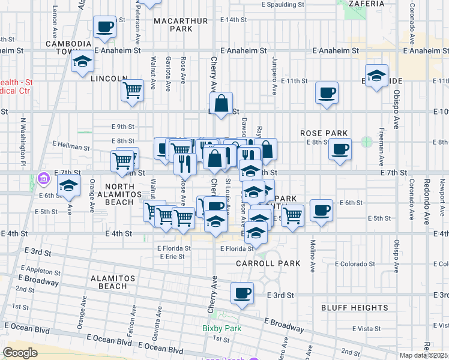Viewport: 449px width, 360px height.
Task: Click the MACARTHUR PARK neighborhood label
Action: click(x=172, y=25)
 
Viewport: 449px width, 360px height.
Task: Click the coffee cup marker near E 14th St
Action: click(x=105, y=26)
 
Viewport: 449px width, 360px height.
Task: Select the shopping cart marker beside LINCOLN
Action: click(x=132, y=91)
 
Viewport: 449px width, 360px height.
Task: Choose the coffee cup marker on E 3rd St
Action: click(x=242, y=293)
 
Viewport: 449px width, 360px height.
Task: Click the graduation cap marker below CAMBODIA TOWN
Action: click(x=82, y=62)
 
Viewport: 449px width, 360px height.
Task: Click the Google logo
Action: click(x=20, y=352)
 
